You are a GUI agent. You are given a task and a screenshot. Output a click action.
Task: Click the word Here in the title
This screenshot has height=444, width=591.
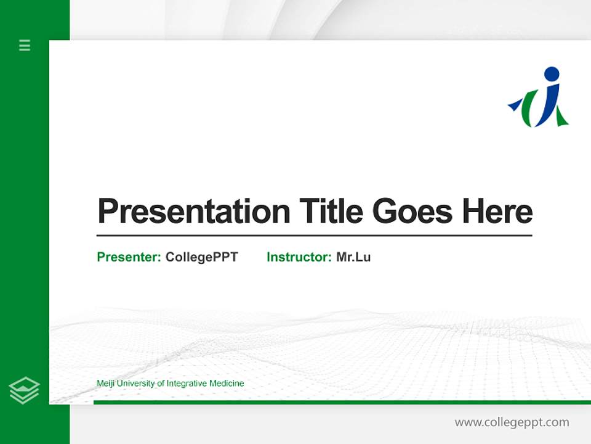[497, 212]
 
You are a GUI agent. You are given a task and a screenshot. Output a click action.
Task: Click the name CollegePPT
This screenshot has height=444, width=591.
[201, 257]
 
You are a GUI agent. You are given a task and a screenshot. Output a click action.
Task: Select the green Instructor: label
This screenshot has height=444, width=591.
[299, 257]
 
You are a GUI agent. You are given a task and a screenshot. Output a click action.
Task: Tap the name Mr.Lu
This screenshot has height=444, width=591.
[353, 257]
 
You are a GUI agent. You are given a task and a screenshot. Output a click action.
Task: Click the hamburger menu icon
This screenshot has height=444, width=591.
[25, 45]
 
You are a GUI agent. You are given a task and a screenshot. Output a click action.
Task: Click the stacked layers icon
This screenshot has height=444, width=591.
[24, 390]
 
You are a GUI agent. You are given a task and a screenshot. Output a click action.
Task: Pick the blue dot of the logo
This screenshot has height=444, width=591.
[552, 74]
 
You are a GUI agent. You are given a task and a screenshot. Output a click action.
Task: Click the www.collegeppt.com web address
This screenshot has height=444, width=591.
[512, 422]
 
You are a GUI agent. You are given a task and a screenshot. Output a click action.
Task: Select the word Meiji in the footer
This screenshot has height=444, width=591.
[105, 384]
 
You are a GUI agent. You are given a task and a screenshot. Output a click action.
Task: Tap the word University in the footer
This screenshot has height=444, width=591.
[136, 384]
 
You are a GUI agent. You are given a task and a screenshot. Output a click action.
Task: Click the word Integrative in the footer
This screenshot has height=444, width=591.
[187, 384]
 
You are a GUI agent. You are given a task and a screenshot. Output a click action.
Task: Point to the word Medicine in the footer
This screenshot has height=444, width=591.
[227, 384]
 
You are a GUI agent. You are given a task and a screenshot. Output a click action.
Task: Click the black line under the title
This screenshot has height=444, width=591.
[314, 236]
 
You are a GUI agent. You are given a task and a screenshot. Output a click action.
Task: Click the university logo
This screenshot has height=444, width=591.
[539, 99]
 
